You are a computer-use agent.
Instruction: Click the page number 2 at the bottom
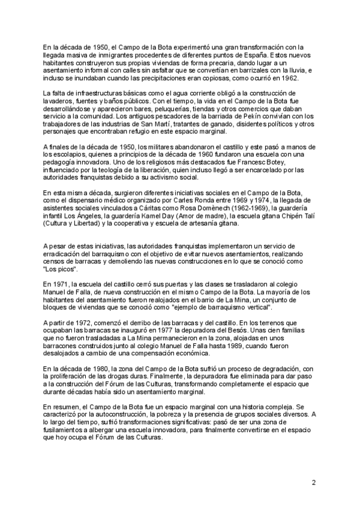pos(313,482)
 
